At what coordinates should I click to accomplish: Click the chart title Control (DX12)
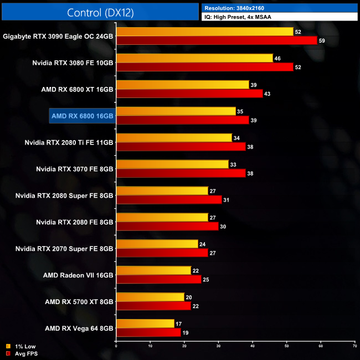point(100,12)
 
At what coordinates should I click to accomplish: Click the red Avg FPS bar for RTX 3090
point(217,40)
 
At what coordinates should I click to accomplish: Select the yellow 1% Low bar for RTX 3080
point(194,58)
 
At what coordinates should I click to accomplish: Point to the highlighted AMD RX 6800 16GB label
point(82,116)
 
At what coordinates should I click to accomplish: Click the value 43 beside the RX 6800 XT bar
point(268,94)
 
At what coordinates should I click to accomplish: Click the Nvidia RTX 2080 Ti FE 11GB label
point(69,142)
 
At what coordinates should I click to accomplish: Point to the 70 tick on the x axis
point(354,346)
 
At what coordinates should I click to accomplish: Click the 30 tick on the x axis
point(218,346)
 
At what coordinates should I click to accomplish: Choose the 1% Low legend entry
point(22,346)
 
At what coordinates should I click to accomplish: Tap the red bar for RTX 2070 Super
point(162,253)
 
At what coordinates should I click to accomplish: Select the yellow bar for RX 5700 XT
point(150,297)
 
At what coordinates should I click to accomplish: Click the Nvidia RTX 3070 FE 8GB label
point(74,169)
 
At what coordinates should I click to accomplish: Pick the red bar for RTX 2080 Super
point(169,199)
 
